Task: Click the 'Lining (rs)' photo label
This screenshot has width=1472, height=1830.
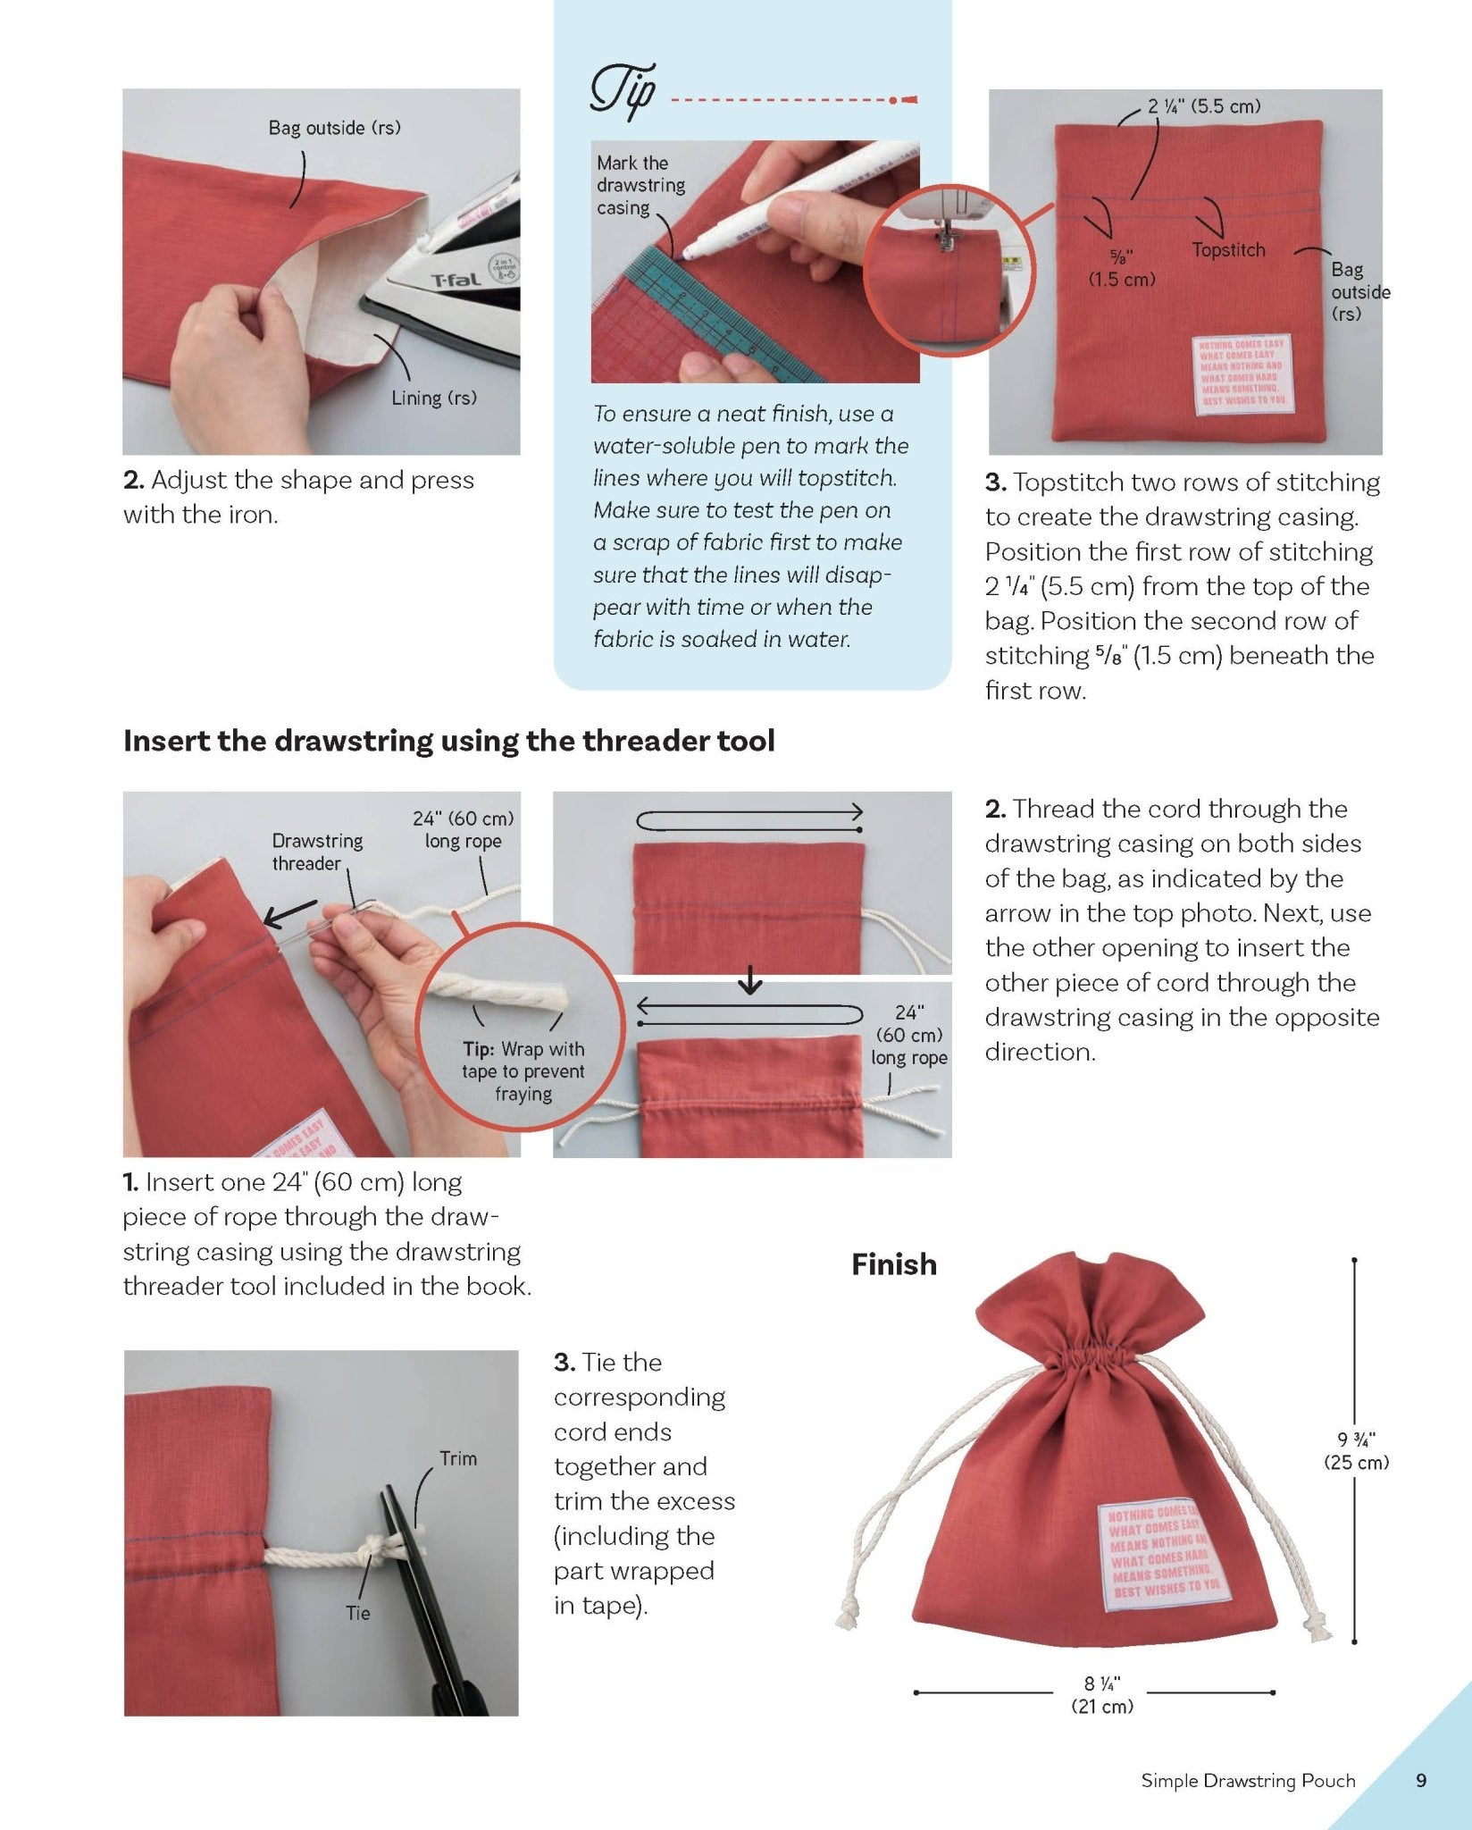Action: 433,399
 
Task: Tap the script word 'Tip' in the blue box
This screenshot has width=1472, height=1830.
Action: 623,93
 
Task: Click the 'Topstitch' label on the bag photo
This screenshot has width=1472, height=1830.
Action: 1228,250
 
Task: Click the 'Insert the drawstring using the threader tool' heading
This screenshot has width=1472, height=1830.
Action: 448,741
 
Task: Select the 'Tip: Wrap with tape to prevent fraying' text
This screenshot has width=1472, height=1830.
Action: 523,1071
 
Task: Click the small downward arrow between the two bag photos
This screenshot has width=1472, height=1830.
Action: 750,984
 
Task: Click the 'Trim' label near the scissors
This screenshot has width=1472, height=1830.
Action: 458,1458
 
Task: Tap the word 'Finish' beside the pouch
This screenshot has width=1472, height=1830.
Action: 893,1264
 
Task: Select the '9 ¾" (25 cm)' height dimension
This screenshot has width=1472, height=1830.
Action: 1356,1450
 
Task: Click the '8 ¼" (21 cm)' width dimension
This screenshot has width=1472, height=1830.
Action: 1101,1694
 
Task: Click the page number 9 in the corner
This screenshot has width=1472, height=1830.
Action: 1421,1780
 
